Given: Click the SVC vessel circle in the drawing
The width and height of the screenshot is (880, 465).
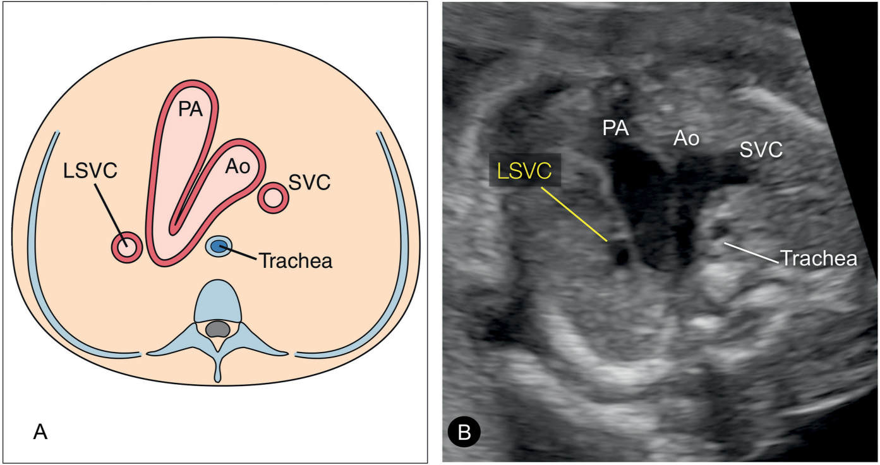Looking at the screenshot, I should (273, 198).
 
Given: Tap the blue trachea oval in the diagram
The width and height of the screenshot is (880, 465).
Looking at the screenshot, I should (219, 246).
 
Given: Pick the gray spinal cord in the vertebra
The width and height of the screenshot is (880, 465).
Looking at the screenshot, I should (218, 329).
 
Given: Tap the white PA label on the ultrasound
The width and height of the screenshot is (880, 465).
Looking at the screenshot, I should (615, 130).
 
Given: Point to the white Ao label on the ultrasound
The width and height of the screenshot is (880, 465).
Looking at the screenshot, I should (686, 138).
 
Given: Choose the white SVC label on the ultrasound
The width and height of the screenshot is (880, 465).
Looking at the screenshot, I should (762, 150).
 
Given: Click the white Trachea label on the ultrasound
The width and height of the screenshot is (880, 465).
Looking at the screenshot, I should (818, 258).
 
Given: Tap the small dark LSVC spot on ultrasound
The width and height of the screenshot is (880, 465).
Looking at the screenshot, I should (623, 255).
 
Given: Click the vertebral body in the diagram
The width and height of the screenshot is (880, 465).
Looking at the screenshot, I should (219, 303).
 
